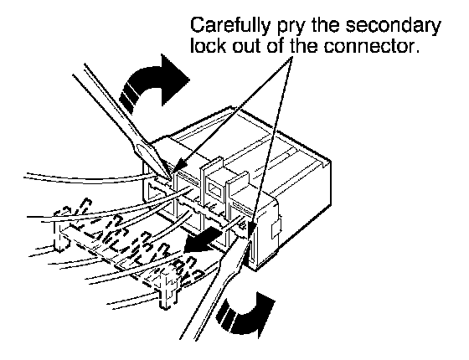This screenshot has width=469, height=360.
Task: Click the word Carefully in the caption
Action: pos(229,26)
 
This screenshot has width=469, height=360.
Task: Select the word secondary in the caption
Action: pos(394,27)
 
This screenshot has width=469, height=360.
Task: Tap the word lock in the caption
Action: pos(209,46)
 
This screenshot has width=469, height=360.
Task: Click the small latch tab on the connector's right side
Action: pos(276,229)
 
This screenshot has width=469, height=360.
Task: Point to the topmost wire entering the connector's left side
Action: pos(90,178)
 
